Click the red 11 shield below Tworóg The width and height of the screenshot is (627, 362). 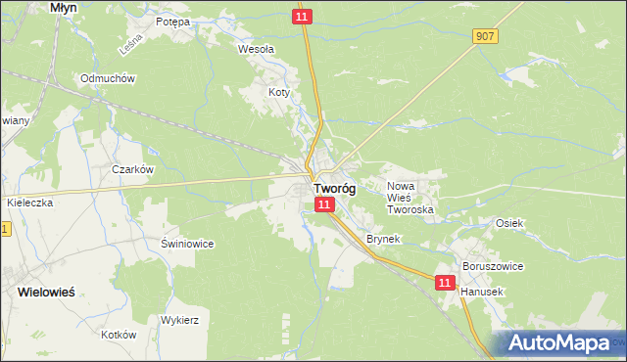click(x=325, y=204)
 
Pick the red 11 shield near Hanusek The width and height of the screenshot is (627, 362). click(x=446, y=282)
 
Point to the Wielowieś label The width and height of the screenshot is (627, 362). click(x=46, y=292)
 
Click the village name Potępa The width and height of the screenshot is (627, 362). click(x=172, y=21)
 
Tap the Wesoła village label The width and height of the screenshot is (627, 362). click(x=257, y=47)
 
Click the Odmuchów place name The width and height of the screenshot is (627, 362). click(x=108, y=78)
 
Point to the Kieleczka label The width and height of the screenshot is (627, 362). click(x=29, y=202)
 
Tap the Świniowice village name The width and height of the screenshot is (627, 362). click(x=186, y=243)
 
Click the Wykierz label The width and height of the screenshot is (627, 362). click(x=180, y=320)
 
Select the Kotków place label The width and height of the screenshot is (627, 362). click(x=118, y=334)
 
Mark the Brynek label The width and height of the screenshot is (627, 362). click(x=382, y=239)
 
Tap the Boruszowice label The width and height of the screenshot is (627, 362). click(x=493, y=266)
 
